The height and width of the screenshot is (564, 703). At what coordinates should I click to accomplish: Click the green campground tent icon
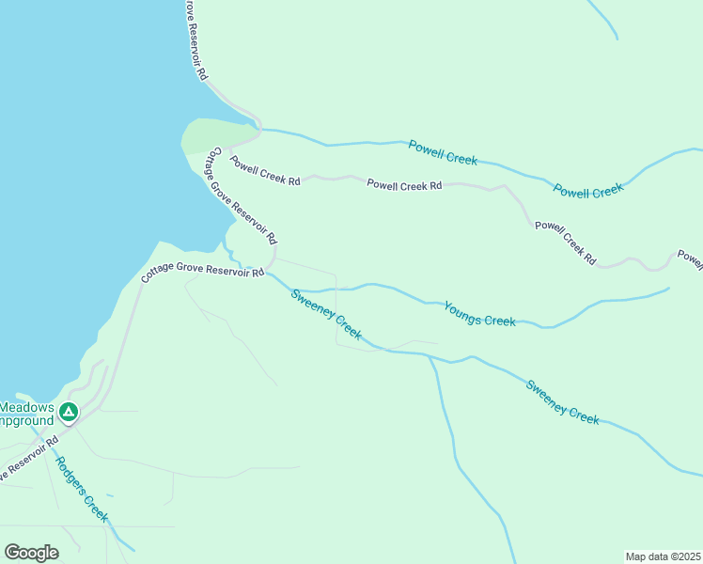(69, 412)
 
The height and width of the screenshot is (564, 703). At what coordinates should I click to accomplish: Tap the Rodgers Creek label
(82, 489)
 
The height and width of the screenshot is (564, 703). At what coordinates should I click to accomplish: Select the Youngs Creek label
(479, 314)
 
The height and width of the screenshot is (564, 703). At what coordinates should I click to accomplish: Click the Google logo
(31, 553)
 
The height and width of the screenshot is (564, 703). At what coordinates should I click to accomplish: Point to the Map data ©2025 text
(663, 556)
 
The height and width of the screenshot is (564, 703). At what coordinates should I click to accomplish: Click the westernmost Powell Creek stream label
(444, 152)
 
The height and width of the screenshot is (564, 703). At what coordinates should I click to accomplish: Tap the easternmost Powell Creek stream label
(588, 190)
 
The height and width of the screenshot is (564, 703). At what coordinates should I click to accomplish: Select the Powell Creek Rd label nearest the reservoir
(265, 169)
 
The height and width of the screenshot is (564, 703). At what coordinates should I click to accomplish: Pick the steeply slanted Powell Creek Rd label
(565, 242)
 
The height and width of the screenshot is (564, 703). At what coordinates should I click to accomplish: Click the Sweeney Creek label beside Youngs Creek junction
(326, 314)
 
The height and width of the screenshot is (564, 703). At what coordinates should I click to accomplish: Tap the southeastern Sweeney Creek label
(562, 401)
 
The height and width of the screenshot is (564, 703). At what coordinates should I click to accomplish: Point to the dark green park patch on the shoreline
(212, 135)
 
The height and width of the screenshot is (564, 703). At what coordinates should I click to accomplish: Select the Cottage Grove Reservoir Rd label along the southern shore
(202, 273)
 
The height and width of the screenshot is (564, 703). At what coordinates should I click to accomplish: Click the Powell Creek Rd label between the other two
(404, 185)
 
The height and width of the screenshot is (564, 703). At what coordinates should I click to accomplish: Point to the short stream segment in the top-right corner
(602, 19)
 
